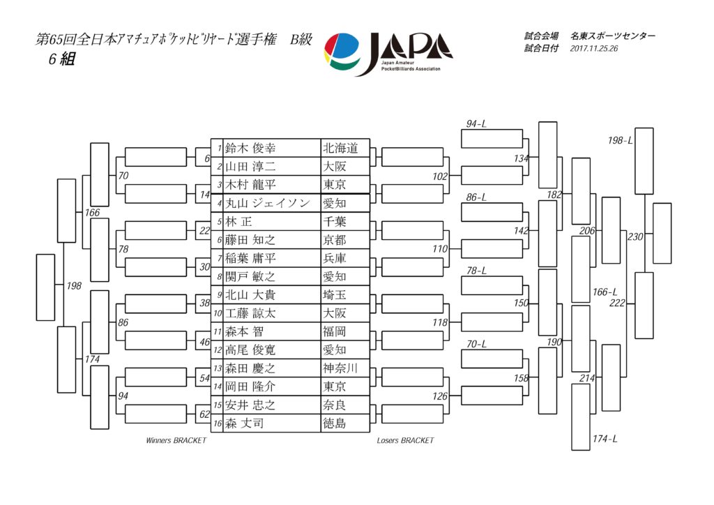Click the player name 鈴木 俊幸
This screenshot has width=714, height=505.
pyautogui.click(x=250, y=148)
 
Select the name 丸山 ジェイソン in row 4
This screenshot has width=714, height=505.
pyautogui.click(x=268, y=203)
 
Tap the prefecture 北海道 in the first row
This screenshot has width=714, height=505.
pyautogui.click(x=340, y=148)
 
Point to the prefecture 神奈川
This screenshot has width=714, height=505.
pyautogui.click(x=340, y=368)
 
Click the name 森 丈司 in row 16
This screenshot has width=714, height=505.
pyautogui.click(x=244, y=423)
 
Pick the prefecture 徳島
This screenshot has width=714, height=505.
pyautogui.click(x=335, y=423)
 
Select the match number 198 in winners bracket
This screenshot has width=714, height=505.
pyautogui.click(x=74, y=286)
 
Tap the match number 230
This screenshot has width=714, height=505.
pyautogui.click(x=635, y=236)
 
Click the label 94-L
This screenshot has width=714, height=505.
pyautogui.click(x=476, y=124)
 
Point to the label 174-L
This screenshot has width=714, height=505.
pyautogui.click(x=605, y=439)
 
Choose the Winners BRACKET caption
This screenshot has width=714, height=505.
pyautogui.click(x=176, y=440)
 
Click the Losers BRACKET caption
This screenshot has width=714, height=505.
pyautogui.click(x=405, y=440)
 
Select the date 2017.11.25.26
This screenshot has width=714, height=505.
pyautogui.click(x=594, y=49)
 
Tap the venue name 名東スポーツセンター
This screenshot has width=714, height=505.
pyautogui.click(x=613, y=36)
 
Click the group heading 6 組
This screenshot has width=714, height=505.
pyautogui.click(x=62, y=59)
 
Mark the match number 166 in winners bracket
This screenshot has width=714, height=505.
pyautogui.click(x=92, y=213)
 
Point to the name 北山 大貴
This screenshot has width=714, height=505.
pyautogui.click(x=250, y=294)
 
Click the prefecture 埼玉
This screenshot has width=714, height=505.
pyautogui.click(x=335, y=294)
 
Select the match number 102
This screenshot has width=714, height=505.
pyautogui.click(x=440, y=176)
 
